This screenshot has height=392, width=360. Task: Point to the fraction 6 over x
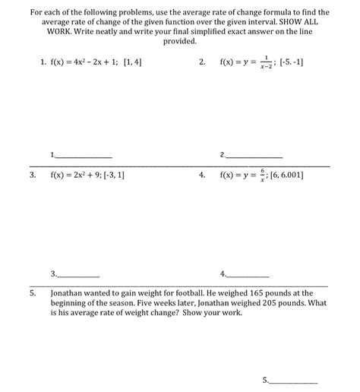261,174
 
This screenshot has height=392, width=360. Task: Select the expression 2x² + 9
83,174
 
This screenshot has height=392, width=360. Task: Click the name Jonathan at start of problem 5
68,292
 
